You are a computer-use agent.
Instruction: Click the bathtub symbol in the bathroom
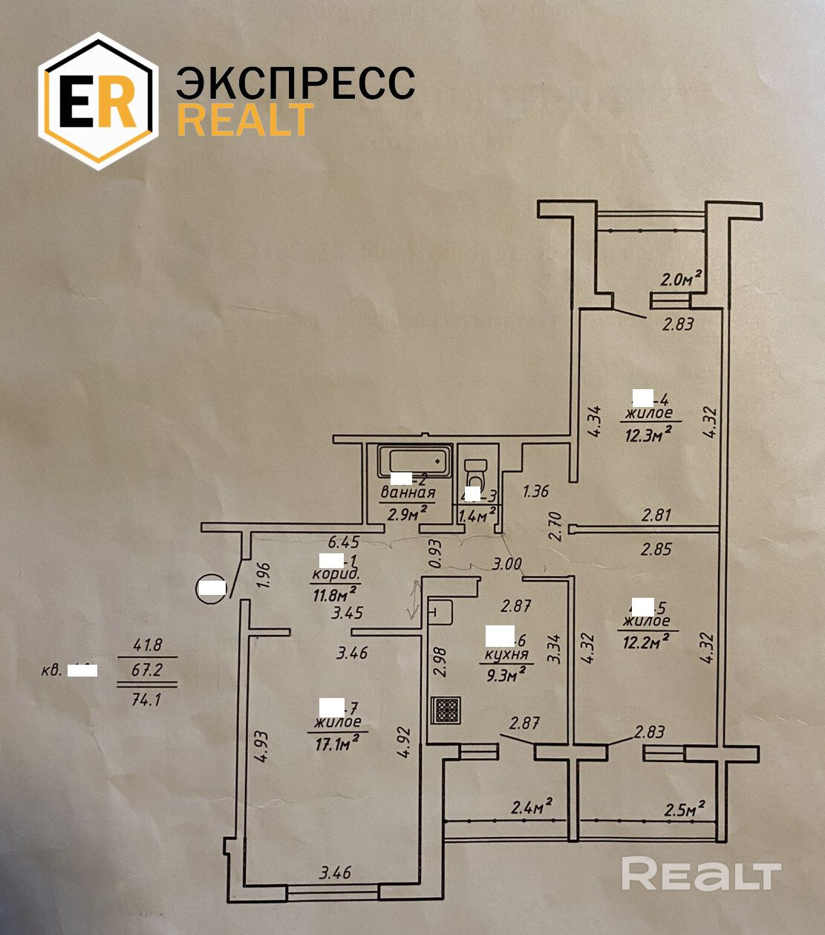coord(414,463)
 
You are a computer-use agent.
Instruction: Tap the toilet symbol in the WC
coord(475,472)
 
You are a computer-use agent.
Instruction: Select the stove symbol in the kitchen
coord(446,711)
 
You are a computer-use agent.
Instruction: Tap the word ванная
coord(408,492)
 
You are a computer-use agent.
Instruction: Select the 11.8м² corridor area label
coord(335,591)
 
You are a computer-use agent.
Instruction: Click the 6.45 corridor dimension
coord(344,543)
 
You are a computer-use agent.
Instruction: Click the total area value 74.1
coord(146,698)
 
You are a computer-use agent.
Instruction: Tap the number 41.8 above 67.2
coord(147,645)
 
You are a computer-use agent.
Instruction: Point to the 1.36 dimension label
coord(536,491)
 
